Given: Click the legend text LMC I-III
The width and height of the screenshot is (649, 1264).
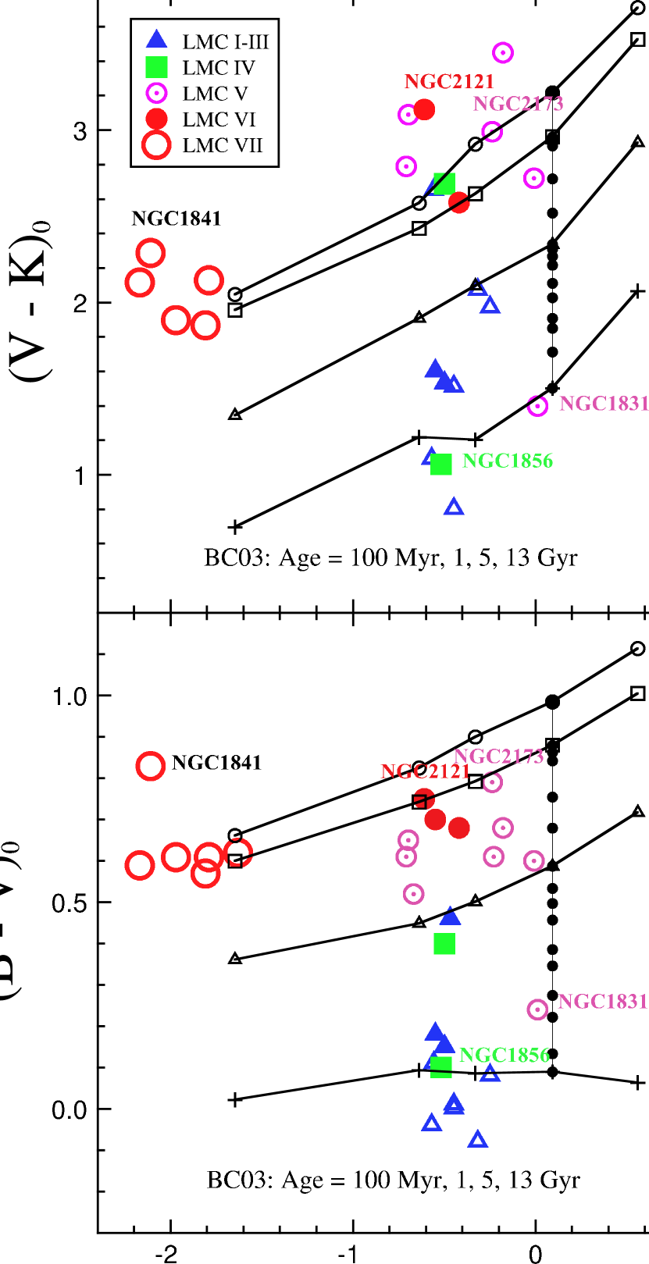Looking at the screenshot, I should pyautogui.click(x=225, y=42).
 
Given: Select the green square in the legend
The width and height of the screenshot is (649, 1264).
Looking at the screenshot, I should pyautogui.click(x=157, y=67).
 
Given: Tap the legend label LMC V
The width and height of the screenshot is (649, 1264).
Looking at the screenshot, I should pyautogui.click(x=215, y=94).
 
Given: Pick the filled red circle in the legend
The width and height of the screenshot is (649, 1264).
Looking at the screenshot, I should pyautogui.click(x=157, y=119).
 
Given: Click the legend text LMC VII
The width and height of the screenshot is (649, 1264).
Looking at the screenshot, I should pyautogui.click(x=222, y=146).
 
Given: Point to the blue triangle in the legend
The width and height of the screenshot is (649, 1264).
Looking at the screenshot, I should pyautogui.click(x=157, y=39).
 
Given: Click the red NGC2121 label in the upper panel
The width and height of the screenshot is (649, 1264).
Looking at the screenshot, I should pyautogui.click(x=449, y=82).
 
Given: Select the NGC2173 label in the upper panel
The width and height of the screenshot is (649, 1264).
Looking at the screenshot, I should pyautogui.click(x=518, y=104).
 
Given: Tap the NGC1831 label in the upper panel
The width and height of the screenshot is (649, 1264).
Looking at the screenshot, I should pyautogui.click(x=604, y=404).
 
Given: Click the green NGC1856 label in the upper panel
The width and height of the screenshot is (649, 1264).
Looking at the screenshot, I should pyautogui.click(x=508, y=461).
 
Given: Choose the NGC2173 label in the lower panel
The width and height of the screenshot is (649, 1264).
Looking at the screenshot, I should pyautogui.click(x=498, y=757).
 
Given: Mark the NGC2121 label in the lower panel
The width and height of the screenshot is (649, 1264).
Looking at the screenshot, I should pyautogui.click(x=425, y=772).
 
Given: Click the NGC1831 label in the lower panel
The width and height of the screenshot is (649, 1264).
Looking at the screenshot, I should pyautogui.click(x=602, y=1002).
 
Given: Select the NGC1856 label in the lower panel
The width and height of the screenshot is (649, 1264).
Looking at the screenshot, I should pyautogui.click(x=505, y=1056).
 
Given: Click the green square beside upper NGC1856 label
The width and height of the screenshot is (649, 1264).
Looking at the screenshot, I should pyautogui.click(x=441, y=464).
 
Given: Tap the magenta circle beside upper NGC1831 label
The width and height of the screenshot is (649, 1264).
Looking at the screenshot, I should pyautogui.click(x=537, y=406).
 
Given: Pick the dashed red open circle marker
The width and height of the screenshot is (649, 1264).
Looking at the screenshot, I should pyautogui.click(x=238, y=853).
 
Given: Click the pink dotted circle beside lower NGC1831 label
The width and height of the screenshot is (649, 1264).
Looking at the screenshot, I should pyautogui.click(x=537, y=1009).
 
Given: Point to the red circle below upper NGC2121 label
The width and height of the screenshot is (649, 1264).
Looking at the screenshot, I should pyautogui.click(x=424, y=109).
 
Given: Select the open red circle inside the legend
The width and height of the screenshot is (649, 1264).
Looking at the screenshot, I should pyautogui.click(x=156, y=145).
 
